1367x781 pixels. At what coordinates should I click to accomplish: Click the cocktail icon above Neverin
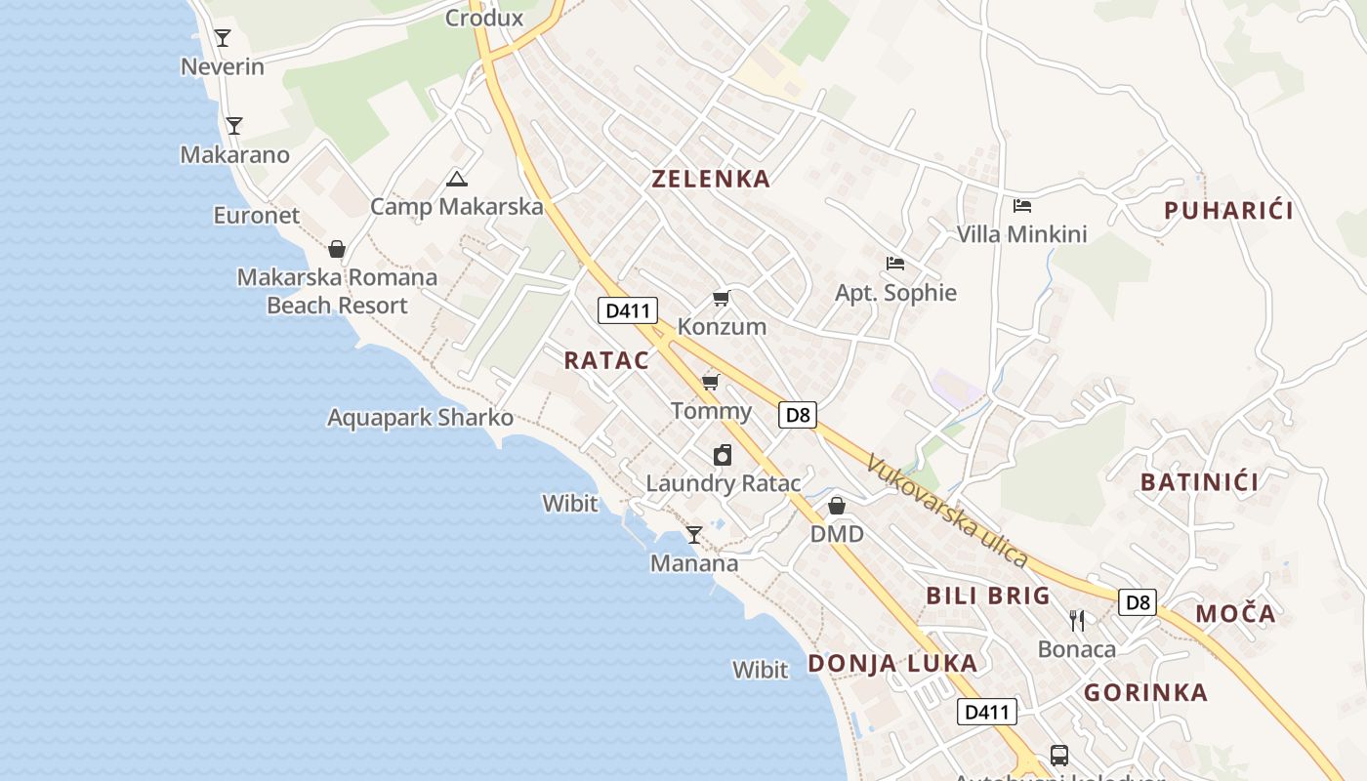coord(223,38)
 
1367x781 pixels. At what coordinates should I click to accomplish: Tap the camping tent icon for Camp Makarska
coord(456,179)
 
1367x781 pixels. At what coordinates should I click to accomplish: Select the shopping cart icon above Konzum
coord(721,299)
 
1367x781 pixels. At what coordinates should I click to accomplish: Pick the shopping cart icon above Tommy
coord(711,382)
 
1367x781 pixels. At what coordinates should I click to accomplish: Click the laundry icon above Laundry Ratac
coord(723,455)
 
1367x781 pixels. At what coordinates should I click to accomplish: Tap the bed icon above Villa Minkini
coord(1022,206)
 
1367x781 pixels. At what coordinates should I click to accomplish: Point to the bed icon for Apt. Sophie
coord(894,264)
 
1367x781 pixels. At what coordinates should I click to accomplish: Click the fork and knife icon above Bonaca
coord(1076,620)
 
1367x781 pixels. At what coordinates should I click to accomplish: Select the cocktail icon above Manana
coord(694,535)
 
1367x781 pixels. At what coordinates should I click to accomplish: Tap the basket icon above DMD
coord(837,506)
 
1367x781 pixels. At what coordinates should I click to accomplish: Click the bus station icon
coord(1058,755)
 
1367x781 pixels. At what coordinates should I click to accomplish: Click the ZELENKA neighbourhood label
coord(711,179)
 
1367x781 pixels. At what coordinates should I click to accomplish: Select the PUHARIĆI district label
coord(1228,210)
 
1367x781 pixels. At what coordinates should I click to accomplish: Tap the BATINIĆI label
coord(1199,481)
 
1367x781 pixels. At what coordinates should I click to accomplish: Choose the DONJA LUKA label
coord(892,664)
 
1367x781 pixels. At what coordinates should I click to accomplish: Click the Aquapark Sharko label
coord(420,418)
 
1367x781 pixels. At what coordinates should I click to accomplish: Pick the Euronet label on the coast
coord(257,216)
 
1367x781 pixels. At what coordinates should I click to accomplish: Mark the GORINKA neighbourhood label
coord(1146,693)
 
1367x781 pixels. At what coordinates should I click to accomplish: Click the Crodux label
coord(484,18)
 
